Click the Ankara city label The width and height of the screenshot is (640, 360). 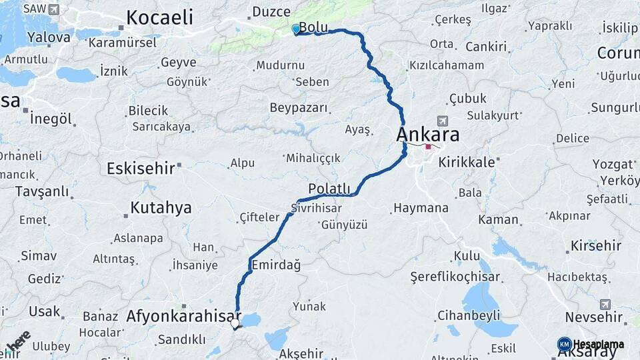point(427,134)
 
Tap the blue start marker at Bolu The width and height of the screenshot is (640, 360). point(296,29)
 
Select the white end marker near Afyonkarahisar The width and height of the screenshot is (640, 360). point(235,324)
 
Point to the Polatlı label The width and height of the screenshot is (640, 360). point(329,188)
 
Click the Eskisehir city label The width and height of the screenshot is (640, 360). point(141,168)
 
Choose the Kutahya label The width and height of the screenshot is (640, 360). point(161,207)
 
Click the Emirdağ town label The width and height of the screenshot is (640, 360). point(276,265)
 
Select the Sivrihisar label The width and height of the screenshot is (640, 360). point(316,209)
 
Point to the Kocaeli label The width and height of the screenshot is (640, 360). point(159,17)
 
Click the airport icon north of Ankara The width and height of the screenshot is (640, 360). point(441,121)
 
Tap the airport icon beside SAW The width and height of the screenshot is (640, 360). point(53,9)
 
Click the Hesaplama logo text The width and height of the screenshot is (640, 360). point(599,344)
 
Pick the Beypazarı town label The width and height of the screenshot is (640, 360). point(299,107)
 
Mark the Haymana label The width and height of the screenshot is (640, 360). point(421,208)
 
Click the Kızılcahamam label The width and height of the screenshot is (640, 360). point(446,65)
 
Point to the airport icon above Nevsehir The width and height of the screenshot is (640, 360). point(605,304)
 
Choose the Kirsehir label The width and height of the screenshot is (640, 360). point(595,246)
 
